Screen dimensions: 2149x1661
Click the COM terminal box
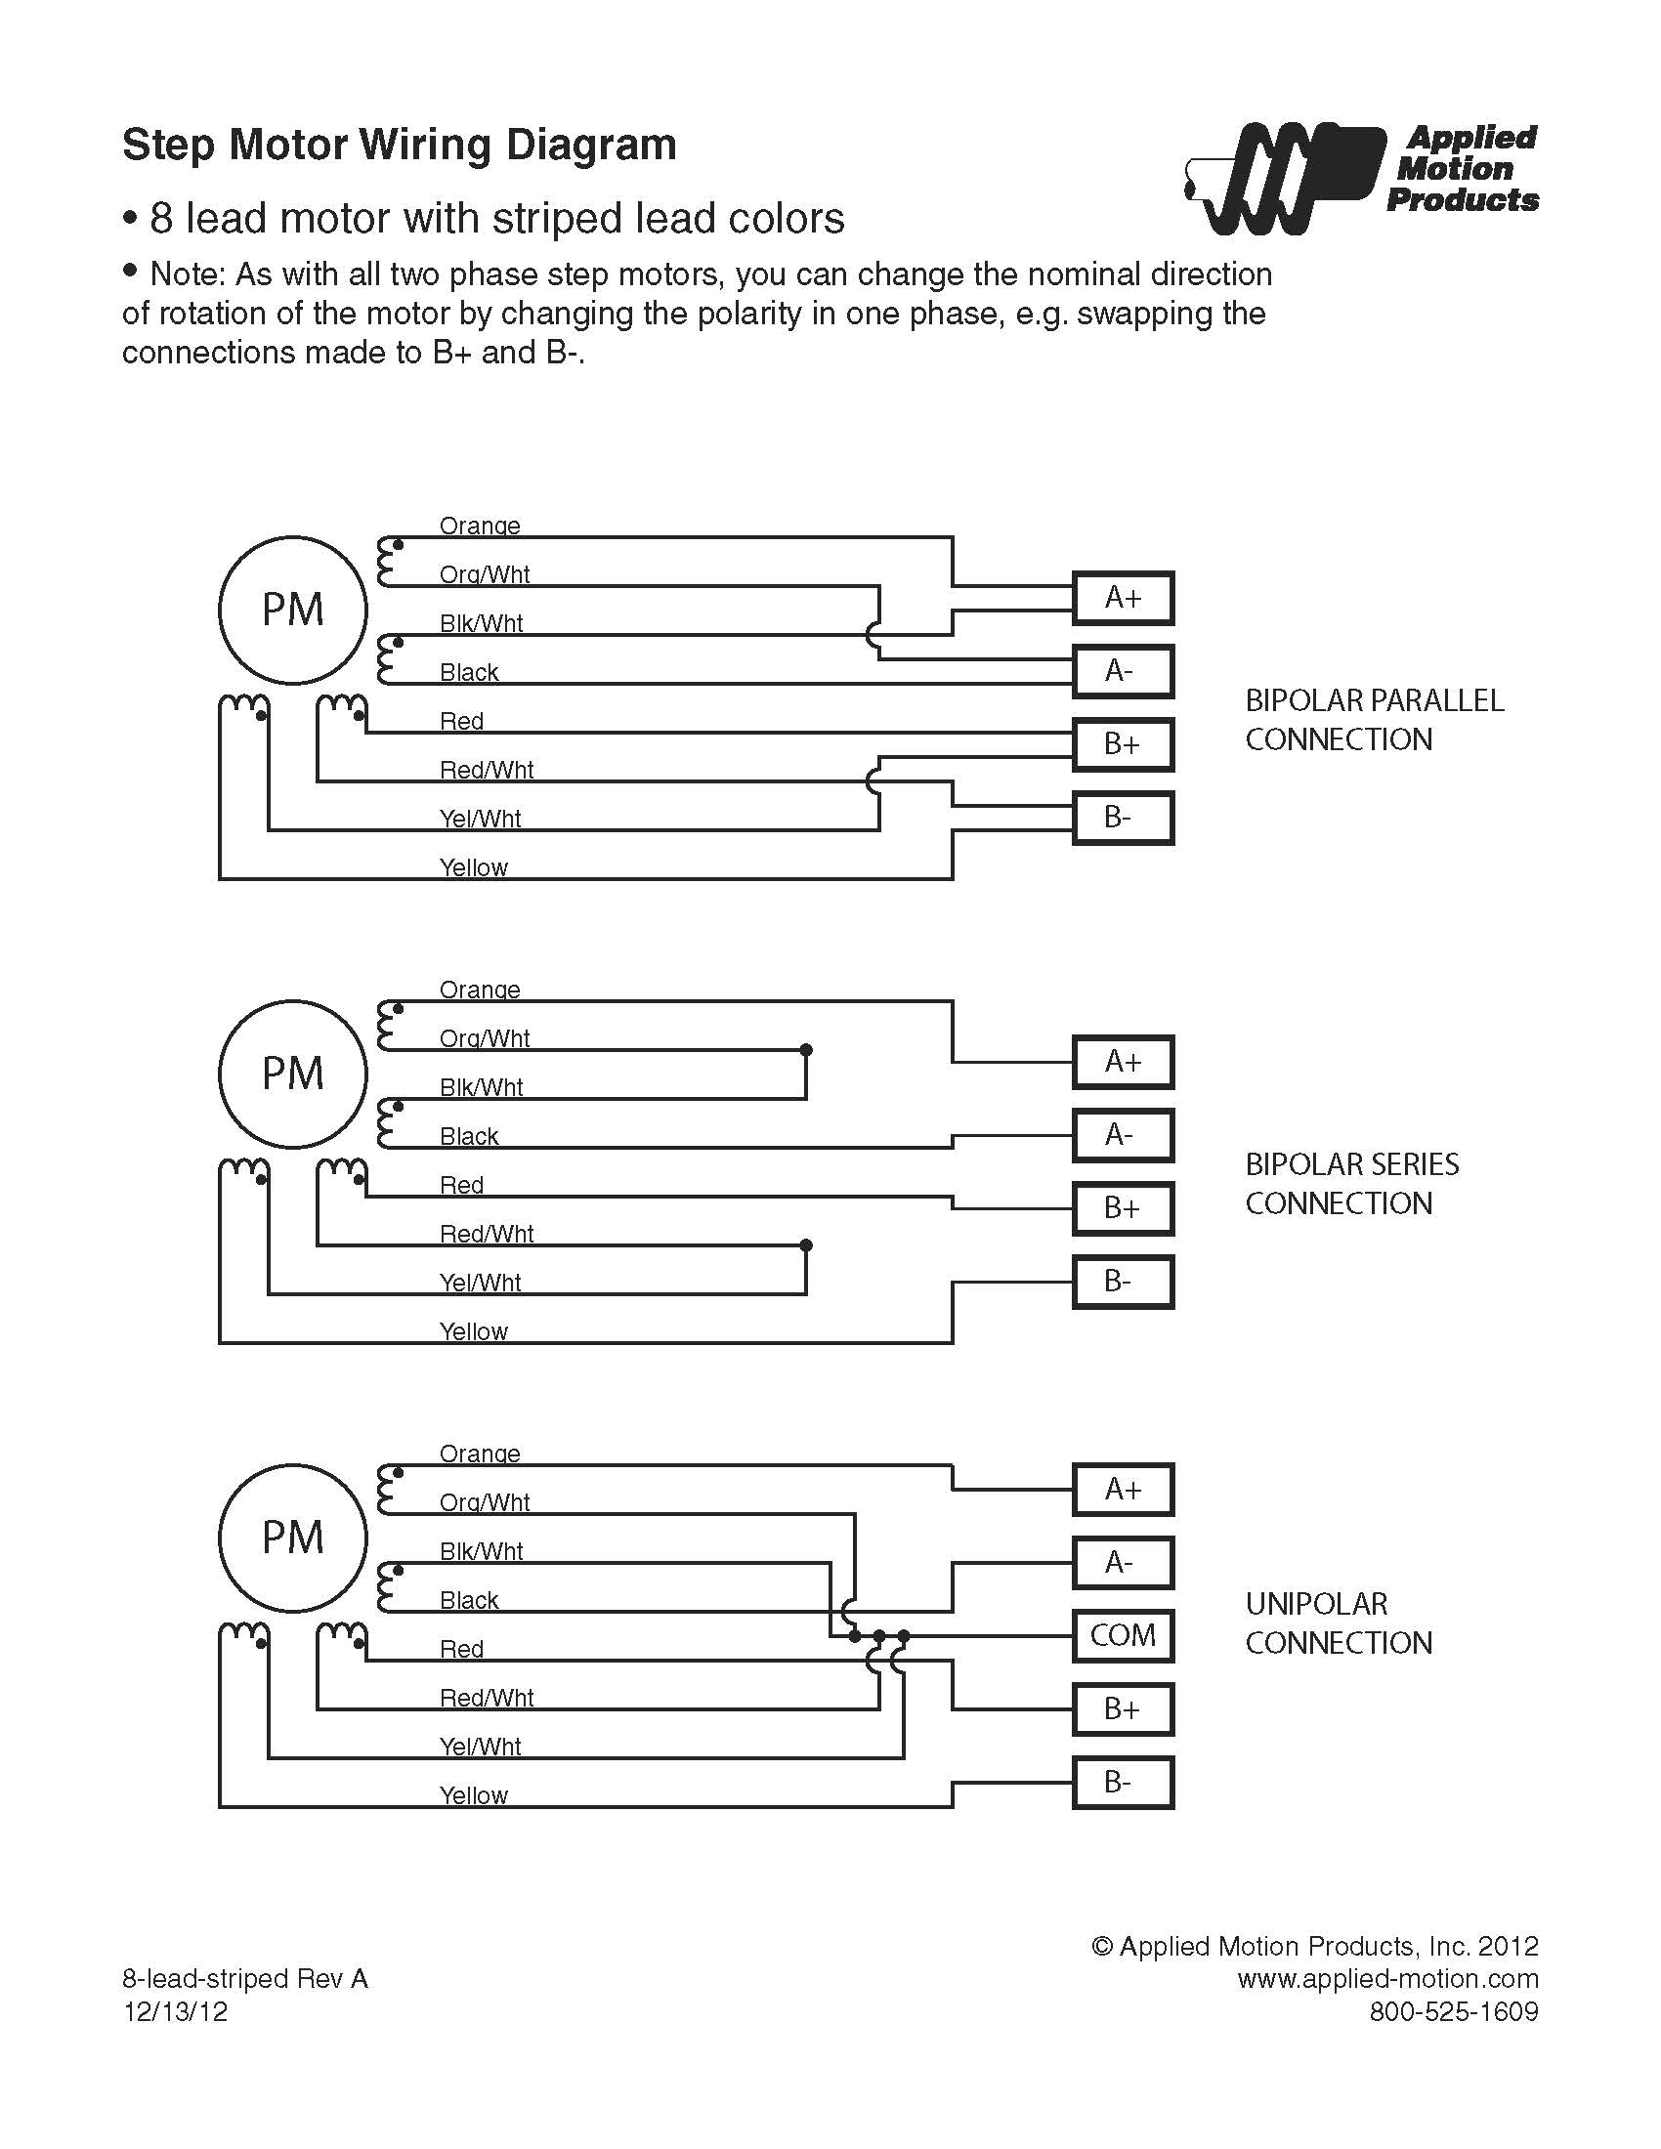pos(1122,1636)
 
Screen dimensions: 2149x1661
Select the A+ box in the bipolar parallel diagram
pos(1122,597)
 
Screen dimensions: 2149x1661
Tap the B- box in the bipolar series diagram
pos(1122,1282)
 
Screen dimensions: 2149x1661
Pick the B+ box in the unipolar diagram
pos(1122,1709)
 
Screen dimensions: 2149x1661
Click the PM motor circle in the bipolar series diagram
pos(292,1074)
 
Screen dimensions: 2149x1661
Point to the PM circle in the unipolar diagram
pos(292,1537)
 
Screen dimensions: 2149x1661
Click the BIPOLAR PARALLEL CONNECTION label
pos(1374,719)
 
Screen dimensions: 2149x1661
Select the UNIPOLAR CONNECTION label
pos(1339,1622)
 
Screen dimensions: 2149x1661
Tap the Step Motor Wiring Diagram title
pos(399,145)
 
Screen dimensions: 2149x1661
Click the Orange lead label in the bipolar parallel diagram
pos(479,526)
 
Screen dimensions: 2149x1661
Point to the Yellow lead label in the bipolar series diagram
pos(473,1331)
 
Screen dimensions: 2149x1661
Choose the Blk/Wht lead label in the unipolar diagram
pos(481,1552)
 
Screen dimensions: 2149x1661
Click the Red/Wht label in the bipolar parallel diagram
pos(487,770)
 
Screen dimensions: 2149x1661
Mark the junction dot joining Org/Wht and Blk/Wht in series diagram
pos(806,1050)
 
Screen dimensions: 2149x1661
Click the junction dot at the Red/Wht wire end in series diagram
pos(806,1245)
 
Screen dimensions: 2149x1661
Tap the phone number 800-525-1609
pos(1454,2011)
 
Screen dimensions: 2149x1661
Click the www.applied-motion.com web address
pos(1387,1979)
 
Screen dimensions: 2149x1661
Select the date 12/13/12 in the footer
pos(175,2011)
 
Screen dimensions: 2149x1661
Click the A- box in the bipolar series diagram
pos(1122,1134)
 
